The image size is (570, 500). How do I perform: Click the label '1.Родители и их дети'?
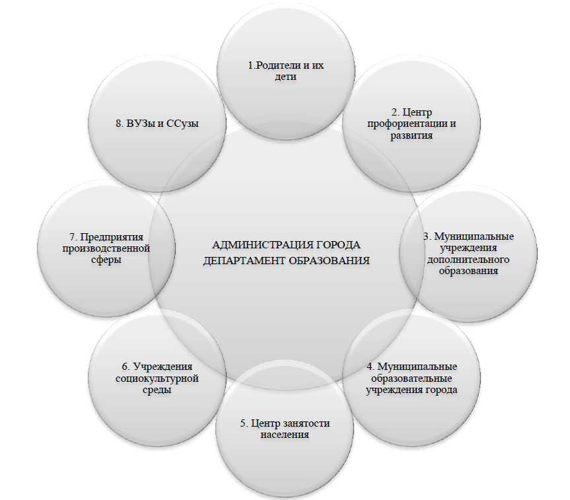[285, 71]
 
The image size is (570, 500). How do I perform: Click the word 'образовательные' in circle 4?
[412, 378]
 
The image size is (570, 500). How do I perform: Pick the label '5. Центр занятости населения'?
[285, 429]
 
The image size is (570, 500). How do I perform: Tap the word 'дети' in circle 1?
[285, 77]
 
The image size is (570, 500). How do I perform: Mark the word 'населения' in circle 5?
[285, 435]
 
